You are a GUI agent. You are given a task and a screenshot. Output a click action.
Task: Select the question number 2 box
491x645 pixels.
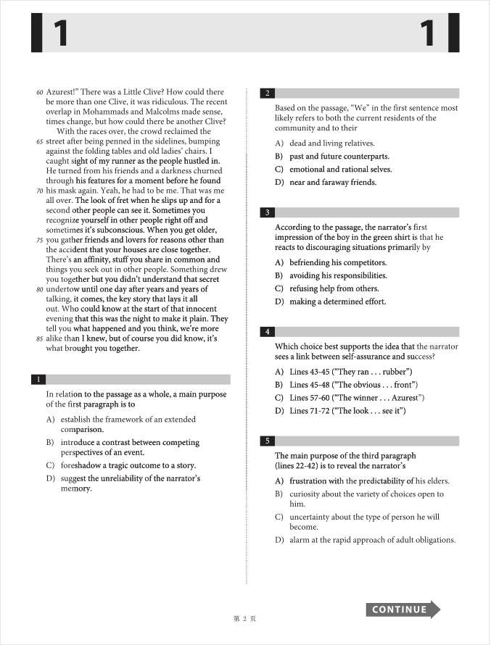[x=268, y=93]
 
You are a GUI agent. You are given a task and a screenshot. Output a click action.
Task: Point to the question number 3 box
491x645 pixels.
[x=268, y=212]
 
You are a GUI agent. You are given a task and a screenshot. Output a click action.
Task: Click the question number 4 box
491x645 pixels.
[x=268, y=332]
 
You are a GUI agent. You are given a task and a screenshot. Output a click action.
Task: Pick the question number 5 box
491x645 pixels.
[x=268, y=441]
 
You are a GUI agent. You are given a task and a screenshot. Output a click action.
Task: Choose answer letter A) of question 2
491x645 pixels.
[x=279, y=143]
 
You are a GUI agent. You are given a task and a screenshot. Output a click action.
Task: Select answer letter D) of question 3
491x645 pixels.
[x=279, y=302]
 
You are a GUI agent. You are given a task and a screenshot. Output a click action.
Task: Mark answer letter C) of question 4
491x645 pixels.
[x=279, y=398]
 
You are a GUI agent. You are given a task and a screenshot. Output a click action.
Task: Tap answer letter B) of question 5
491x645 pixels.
[x=279, y=494]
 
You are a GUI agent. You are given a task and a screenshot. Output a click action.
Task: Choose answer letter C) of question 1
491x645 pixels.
[x=50, y=466]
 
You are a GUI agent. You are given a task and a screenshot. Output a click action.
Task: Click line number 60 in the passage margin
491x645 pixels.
[x=39, y=93]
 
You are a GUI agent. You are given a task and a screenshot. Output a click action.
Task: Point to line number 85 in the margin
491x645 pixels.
[x=39, y=338]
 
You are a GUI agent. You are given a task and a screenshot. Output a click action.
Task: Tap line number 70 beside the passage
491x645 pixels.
[x=39, y=191]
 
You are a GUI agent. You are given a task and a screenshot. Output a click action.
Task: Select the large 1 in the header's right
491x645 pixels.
[x=428, y=33]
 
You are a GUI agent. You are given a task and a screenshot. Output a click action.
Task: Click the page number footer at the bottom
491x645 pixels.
[x=245, y=619]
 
